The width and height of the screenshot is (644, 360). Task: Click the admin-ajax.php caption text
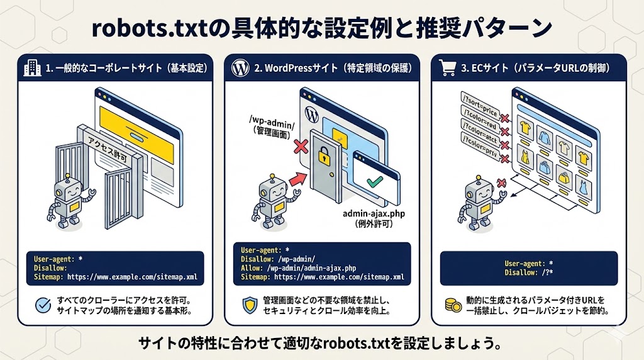click(372, 214)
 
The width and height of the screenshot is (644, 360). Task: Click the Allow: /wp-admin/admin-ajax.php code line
click(298, 267)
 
